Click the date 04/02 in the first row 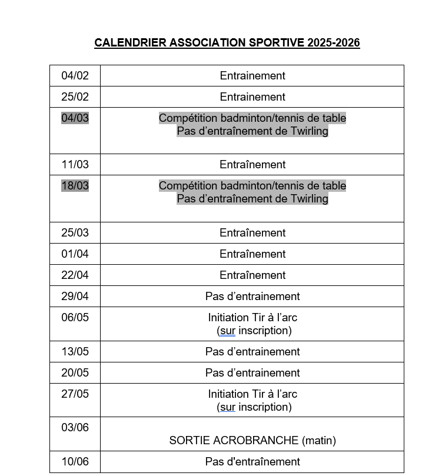[x=75, y=76]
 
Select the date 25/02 [x=75, y=97]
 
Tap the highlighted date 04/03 [x=75, y=118]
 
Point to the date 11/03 [x=75, y=165]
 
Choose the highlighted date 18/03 [x=75, y=186]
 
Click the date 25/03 [x=75, y=233]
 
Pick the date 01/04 [x=75, y=254]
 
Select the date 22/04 [x=75, y=275]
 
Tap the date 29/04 [x=75, y=297]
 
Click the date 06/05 [x=75, y=318]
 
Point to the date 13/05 [x=75, y=352]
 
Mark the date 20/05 [x=75, y=373]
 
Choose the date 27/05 [x=75, y=394]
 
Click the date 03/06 [x=75, y=428]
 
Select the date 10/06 [x=75, y=462]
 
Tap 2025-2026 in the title [x=333, y=43]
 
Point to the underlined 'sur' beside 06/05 [x=227, y=331]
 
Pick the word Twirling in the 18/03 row [x=308, y=199]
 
